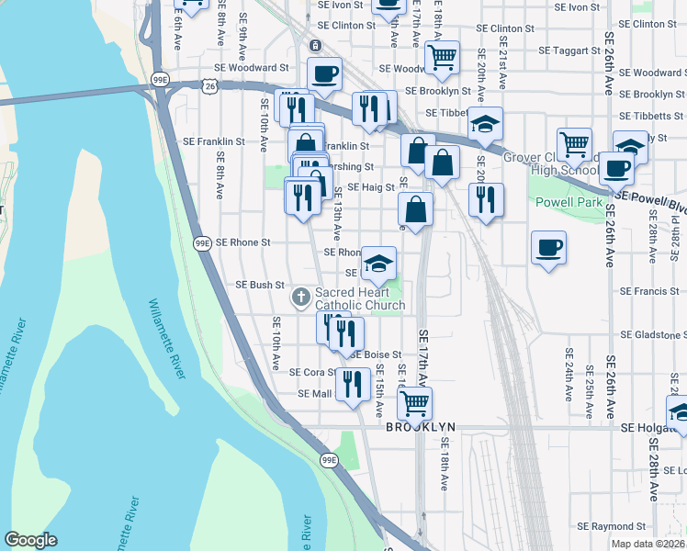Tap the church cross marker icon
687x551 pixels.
[x=300, y=297]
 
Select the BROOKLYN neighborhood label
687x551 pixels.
[x=420, y=428]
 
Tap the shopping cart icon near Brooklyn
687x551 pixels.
[x=415, y=400]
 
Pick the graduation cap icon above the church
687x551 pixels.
[x=378, y=264]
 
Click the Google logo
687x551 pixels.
[x=31, y=540]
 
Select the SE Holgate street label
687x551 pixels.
[x=653, y=428]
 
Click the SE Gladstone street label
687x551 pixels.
[x=652, y=335]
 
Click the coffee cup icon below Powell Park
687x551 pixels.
[x=548, y=247]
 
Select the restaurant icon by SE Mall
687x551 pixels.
[x=353, y=384]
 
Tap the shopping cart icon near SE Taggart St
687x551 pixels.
[x=443, y=57]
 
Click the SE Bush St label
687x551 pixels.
[x=260, y=286]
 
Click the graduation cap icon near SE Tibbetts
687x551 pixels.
[x=485, y=123]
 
